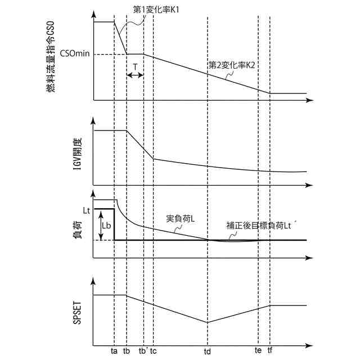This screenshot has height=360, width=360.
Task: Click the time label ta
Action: [114, 350]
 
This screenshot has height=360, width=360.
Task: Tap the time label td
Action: [208, 350]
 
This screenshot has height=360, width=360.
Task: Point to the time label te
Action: [258, 350]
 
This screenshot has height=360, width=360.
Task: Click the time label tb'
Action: [143, 350]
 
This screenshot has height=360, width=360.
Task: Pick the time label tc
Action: [154, 350]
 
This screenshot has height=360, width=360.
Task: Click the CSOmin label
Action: [75, 55]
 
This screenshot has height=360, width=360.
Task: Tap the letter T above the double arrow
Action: [135, 66]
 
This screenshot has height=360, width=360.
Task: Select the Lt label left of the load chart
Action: [86, 210]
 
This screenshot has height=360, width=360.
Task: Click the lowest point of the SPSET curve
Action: [208, 322]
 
